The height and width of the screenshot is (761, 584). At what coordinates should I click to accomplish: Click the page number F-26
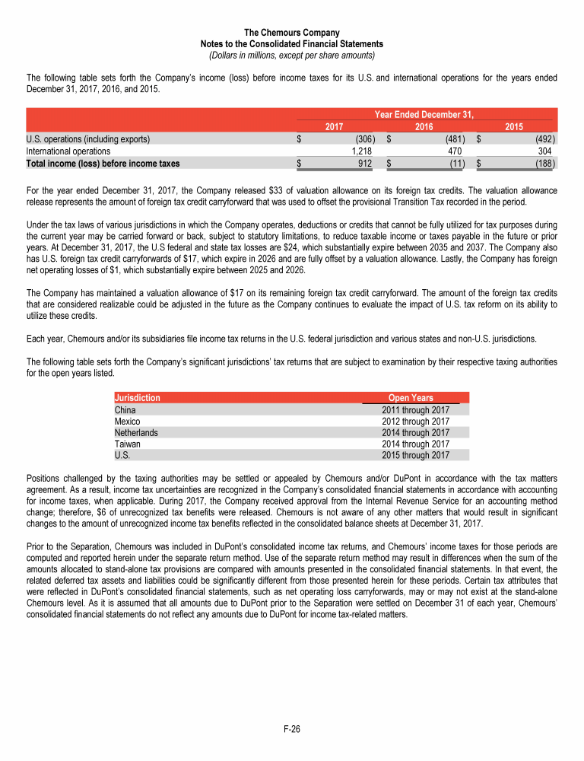(292, 729)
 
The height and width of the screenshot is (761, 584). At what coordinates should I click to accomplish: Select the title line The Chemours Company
(292, 32)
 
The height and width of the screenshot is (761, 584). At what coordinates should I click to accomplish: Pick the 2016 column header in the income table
(424, 127)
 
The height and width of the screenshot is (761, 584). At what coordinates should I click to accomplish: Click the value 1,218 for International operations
(358, 151)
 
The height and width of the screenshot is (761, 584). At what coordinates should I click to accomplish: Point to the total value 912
(363, 163)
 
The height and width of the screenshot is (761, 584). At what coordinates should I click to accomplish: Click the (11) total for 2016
(454, 163)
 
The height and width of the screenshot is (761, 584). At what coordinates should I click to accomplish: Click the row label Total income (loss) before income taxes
(103, 163)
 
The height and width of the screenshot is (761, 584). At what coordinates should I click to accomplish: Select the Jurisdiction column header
(137, 397)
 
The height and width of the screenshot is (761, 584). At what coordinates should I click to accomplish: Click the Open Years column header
(411, 397)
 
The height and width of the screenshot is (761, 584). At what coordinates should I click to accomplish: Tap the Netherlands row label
(136, 432)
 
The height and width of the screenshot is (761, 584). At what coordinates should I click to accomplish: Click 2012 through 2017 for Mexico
(415, 421)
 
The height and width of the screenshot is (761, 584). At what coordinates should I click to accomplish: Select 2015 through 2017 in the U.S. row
(415, 455)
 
